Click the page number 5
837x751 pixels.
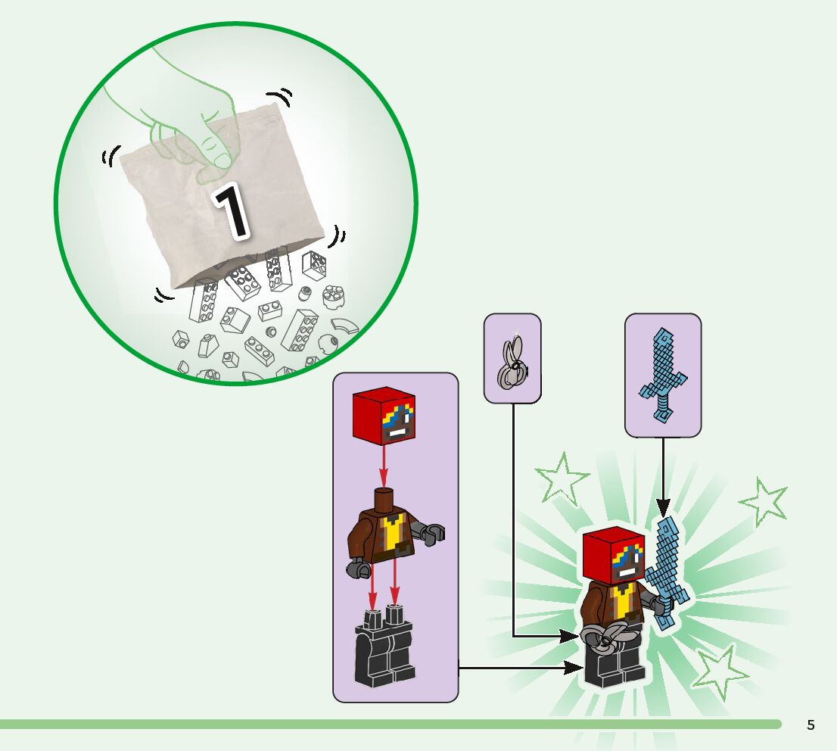tap(811, 725)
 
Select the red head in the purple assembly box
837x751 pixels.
tap(384, 419)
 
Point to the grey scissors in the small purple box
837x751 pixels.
tap(512, 361)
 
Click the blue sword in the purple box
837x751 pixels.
tap(663, 374)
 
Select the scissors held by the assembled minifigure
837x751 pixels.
tap(605, 637)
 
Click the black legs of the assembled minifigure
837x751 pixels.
tap(615, 667)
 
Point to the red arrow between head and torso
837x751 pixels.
tap(384, 469)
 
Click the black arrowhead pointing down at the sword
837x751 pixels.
tap(664, 507)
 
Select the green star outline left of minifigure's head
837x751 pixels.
tap(562, 478)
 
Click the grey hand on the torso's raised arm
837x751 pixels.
tap(434, 533)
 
